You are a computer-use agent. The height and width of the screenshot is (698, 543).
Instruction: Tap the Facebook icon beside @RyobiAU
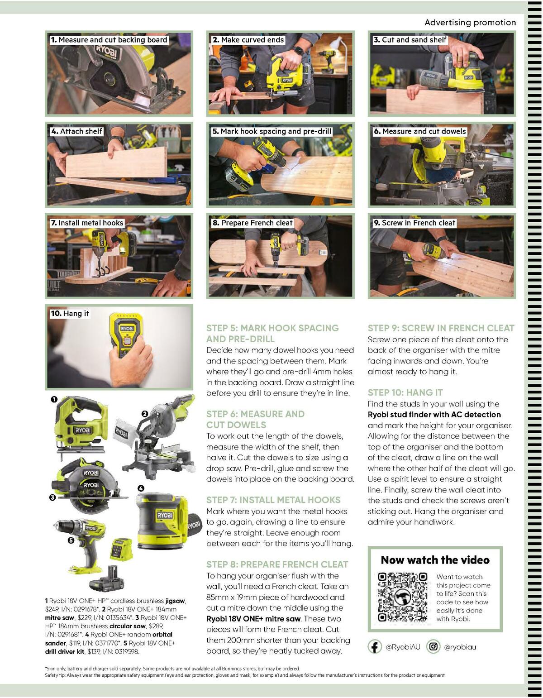click(374, 647)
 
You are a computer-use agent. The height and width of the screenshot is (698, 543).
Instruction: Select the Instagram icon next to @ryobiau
click(433, 647)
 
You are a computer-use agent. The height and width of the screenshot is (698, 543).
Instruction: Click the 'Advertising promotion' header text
click(470, 23)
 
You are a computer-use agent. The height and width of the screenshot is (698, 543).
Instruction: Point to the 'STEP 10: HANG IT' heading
click(405, 392)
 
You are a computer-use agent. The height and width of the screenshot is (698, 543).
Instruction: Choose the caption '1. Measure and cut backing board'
click(109, 40)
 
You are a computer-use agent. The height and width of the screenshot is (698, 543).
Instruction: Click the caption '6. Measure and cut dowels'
click(419, 131)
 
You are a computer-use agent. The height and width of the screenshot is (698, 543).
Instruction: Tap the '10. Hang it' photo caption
click(70, 313)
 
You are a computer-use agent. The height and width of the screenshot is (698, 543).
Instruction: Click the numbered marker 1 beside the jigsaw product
click(53, 399)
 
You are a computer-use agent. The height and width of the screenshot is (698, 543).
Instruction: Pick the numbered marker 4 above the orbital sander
click(141, 488)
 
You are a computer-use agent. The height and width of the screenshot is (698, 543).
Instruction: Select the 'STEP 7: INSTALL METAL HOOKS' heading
click(273, 500)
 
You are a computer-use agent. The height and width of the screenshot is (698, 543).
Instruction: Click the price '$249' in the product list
click(52, 609)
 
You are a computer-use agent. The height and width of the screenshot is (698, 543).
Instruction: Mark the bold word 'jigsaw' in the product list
click(175, 601)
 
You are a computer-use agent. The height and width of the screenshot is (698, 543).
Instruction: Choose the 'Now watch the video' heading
click(435, 560)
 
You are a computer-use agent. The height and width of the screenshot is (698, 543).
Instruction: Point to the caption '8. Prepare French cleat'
click(252, 223)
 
